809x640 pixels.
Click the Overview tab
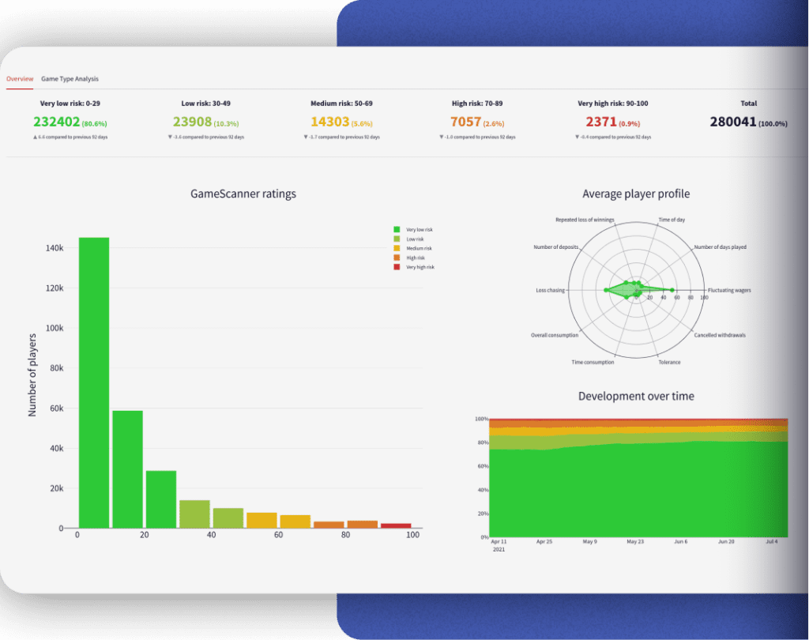pyautogui.click(x=20, y=79)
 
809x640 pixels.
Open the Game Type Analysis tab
pyautogui.click(x=70, y=79)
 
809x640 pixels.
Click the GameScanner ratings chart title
pyautogui.click(x=243, y=194)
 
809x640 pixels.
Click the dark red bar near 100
pyautogui.click(x=396, y=525)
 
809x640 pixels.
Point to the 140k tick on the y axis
pyautogui.click(x=54, y=248)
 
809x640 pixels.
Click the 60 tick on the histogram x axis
pyautogui.click(x=278, y=536)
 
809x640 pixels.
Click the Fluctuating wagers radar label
pyautogui.click(x=729, y=290)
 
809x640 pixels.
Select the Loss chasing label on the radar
pyautogui.click(x=550, y=290)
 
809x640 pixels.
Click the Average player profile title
pyautogui.click(x=636, y=194)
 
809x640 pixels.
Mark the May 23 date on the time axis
pyautogui.click(x=636, y=542)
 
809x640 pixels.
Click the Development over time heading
pyautogui.click(x=636, y=396)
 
